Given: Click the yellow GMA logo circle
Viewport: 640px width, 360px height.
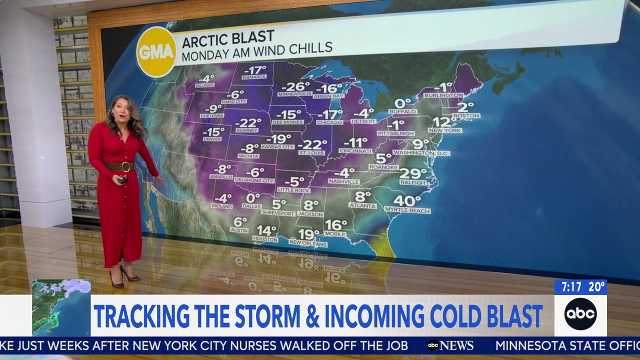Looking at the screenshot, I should click(x=156, y=52).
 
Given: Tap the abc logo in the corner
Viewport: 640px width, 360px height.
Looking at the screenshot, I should click(x=580, y=314).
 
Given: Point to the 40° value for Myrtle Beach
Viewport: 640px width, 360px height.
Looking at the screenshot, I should click(x=407, y=201).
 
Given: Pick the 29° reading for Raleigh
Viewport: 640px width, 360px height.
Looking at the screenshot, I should click(x=413, y=173).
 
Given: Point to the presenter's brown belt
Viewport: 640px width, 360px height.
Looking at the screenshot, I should click(x=119, y=166).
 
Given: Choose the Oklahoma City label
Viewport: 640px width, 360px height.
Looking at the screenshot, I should click(x=254, y=180).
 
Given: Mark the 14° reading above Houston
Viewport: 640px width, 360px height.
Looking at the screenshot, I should click(x=266, y=230).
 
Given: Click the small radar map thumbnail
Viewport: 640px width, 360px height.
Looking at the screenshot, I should click(x=61, y=307).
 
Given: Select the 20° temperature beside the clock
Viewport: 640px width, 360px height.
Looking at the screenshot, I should click(x=596, y=287).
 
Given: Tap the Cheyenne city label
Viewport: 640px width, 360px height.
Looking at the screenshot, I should click(x=212, y=116).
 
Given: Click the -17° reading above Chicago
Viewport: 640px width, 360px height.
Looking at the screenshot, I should click(x=330, y=114).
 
